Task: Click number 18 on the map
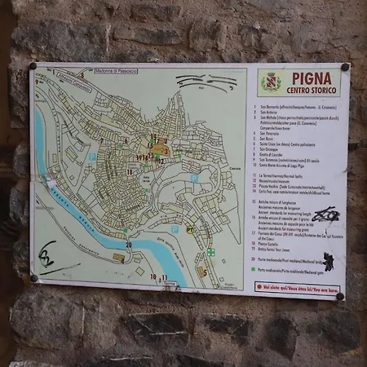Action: click(x=129, y=172)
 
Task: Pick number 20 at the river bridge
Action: click(x=129, y=244)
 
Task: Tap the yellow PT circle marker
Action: click(x=190, y=231)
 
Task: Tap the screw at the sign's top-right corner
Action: click(x=345, y=67)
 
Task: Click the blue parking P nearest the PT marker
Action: click(x=175, y=229)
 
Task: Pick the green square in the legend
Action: click(x=254, y=268)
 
